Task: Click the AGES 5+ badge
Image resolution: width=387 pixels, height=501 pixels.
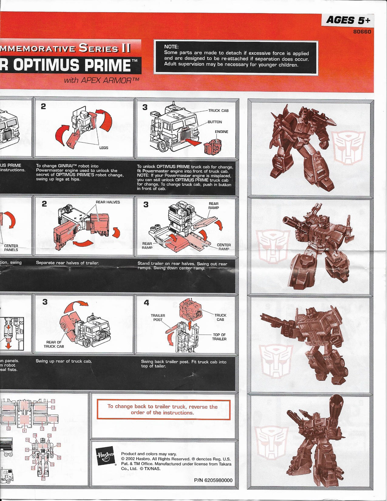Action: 348,20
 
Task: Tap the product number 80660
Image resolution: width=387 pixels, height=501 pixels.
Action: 362,32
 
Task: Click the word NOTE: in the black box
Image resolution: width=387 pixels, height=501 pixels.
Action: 171,47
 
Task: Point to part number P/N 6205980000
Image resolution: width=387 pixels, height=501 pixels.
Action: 213,480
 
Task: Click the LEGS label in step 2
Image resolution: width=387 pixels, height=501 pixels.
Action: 104,148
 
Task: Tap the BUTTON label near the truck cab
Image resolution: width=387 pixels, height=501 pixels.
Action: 215,122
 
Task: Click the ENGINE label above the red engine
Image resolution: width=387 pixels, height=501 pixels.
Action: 221,132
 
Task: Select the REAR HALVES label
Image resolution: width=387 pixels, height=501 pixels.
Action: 108,202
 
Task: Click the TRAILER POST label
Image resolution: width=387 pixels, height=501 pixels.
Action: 158,317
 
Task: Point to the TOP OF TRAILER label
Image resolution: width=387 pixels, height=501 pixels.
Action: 219,337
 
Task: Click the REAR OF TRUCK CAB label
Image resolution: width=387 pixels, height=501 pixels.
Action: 54,344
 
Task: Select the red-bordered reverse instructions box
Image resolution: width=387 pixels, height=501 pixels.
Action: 163,409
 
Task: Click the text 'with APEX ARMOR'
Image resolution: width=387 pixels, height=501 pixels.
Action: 101,80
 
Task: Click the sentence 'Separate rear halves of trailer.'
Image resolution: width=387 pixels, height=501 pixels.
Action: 67,263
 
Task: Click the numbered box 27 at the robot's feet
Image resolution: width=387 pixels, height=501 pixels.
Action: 43,479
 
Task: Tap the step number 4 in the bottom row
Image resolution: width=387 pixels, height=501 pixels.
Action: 146,302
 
